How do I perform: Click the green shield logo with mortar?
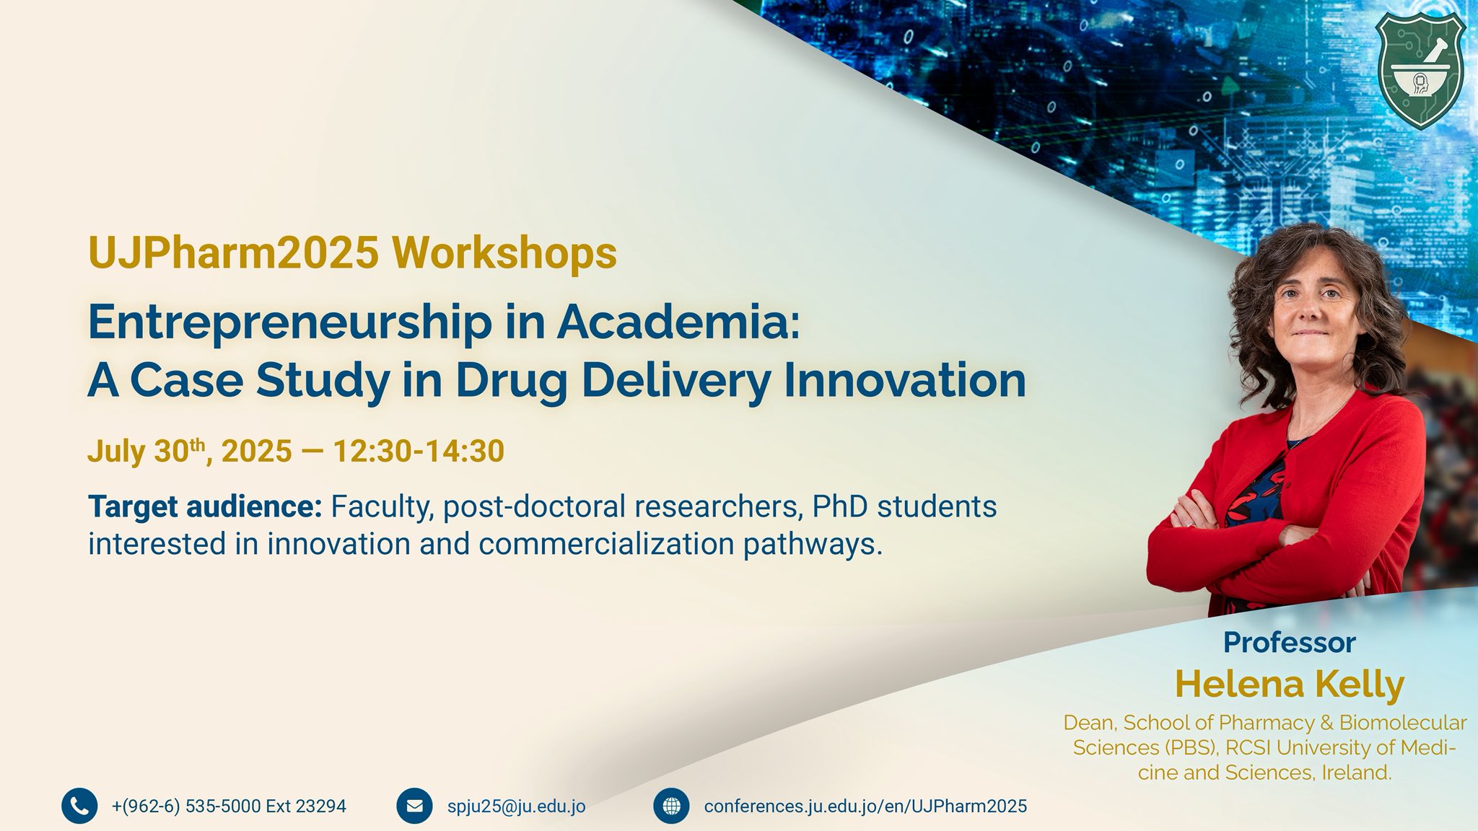click(1420, 69)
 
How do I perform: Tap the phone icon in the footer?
click(79, 806)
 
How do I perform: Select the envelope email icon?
click(414, 806)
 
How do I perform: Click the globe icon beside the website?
click(671, 806)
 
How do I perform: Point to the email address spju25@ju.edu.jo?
click(516, 806)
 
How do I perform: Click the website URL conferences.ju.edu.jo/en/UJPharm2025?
click(865, 806)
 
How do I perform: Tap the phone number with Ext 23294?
click(229, 806)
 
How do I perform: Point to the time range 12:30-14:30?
click(418, 451)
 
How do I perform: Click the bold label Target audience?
click(205, 506)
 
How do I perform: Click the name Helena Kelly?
click(1290, 684)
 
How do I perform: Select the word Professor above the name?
click(1290, 642)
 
